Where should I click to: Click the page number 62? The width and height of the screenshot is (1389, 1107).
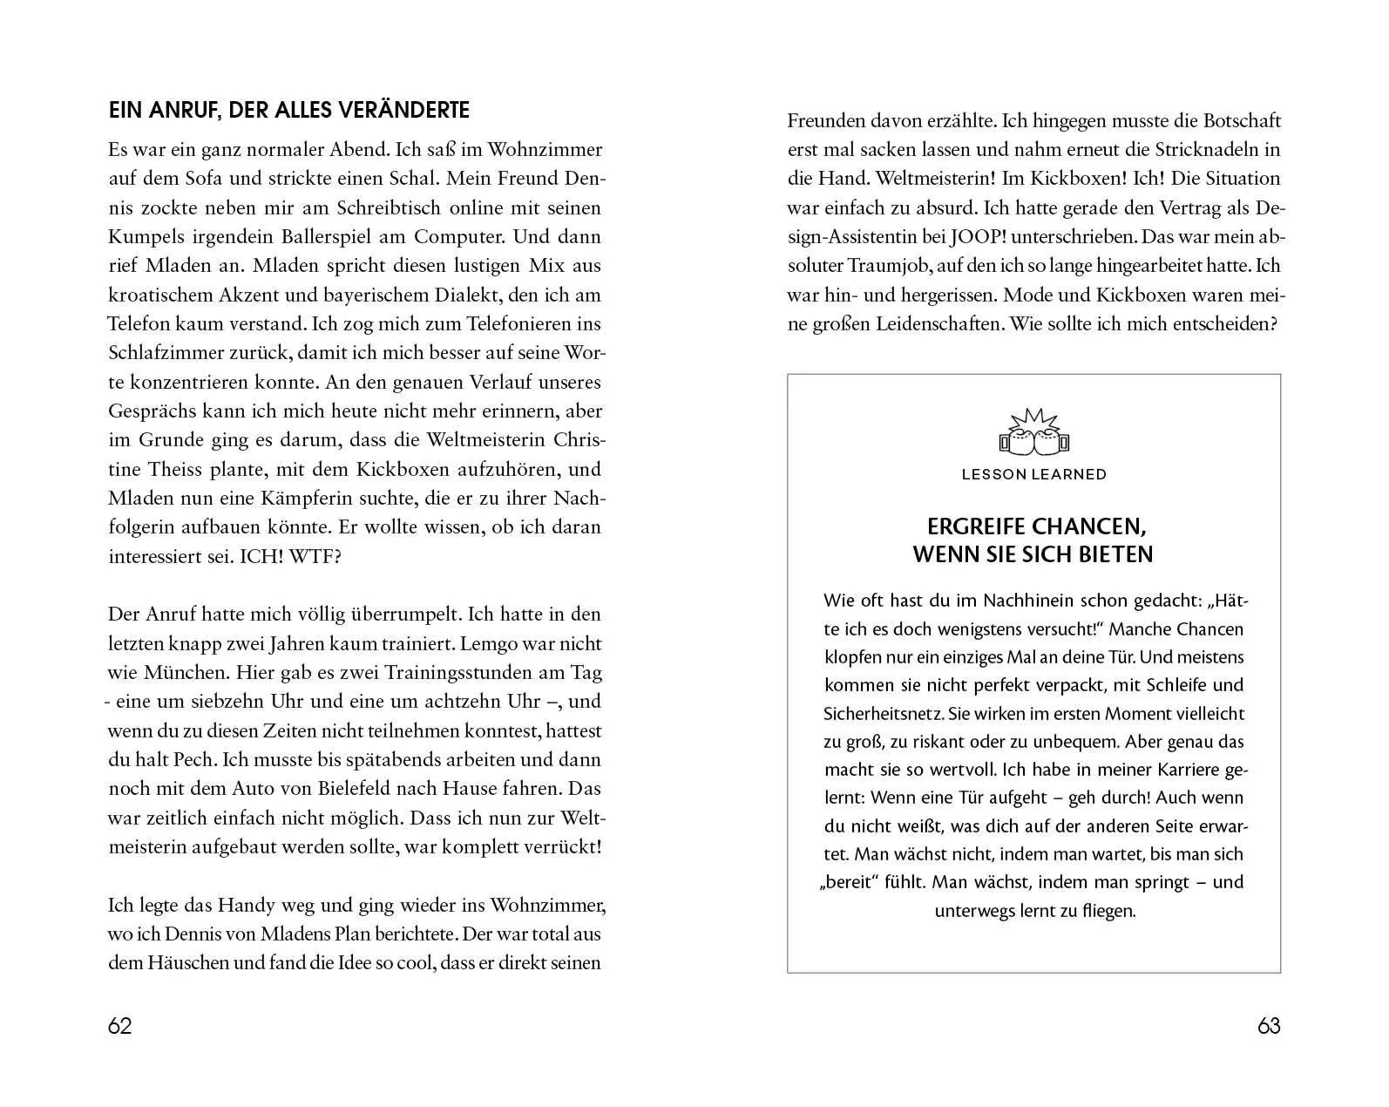click(119, 1026)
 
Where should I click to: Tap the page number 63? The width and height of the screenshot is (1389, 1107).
click(1269, 1026)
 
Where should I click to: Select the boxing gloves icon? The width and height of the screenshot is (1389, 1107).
click(1033, 435)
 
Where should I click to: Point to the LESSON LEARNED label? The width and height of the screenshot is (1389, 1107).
click(1033, 474)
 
